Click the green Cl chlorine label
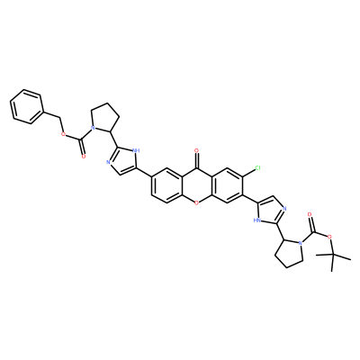[x=257, y=169]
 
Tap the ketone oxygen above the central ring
[x=196, y=151]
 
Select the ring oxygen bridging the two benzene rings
[x=196, y=203]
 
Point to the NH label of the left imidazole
[x=137, y=151]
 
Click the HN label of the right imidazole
[x=256, y=220]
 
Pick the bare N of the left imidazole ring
[x=108, y=163]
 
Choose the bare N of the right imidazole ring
[x=284, y=209]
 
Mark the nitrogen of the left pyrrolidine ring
[x=93, y=128]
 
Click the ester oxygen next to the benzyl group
[x=63, y=133]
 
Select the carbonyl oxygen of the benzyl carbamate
[x=83, y=157]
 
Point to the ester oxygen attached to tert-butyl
[x=329, y=238]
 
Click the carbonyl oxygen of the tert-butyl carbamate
[x=310, y=215]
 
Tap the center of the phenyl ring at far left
[x=26, y=106]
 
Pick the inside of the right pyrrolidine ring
[x=288, y=253]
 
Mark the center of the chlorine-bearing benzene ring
[x=227, y=185]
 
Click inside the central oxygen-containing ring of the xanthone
[x=196, y=185]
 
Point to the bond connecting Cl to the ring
[x=247, y=171]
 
